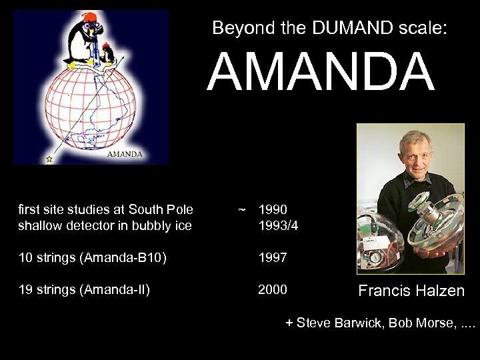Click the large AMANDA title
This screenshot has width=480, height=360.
pos(321,73)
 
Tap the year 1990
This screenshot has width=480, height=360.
pos(273,210)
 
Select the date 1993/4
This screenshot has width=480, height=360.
pos(278,225)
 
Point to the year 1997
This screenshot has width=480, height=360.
pos(273,257)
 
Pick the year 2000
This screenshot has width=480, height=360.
pos(273,289)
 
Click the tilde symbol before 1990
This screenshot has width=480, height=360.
pos(241,210)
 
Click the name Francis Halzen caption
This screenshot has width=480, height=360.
pos(411,291)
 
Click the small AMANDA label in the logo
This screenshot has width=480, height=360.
pos(124,154)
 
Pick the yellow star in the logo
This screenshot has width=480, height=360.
pos(49,159)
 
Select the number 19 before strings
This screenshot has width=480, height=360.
pos(25,289)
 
